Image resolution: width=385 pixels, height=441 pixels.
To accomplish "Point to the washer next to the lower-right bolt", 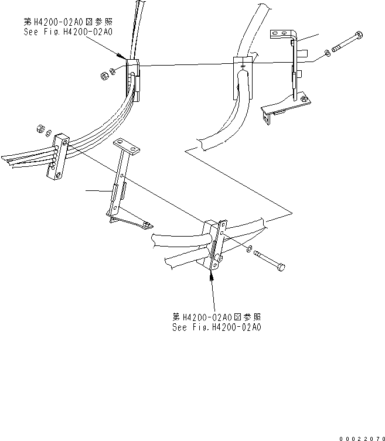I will [x=250, y=250].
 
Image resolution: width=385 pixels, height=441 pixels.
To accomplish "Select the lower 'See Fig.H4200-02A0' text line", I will [x=217, y=327].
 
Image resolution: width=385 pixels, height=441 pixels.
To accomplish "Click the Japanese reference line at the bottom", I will [x=217, y=317].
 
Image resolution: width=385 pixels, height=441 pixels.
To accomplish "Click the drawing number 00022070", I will [x=361, y=437].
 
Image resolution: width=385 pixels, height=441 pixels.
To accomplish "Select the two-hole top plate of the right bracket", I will [x=281, y=35].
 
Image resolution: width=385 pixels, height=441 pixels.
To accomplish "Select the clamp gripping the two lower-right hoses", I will [x=214, y=245].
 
